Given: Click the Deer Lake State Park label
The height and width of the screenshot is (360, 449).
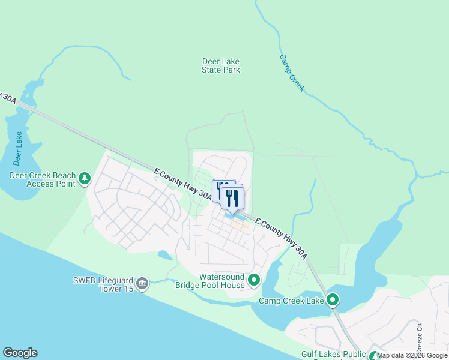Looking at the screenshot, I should pyautogui.click(x=220, y=65).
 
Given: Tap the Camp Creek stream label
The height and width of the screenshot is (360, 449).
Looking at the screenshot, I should pyautogui.click(x=292, y=73).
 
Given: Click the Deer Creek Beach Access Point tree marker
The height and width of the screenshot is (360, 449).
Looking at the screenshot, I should pyautogui.click(x=85, y=178).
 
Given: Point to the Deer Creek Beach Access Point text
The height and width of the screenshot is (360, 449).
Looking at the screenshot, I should pyautogui.click(x=42, y=179).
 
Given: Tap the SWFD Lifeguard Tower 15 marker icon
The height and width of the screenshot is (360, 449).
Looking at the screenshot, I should pyautogui.click(x=142, y=283).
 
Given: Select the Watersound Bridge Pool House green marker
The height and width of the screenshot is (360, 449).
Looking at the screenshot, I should pyautogui.click(x=254, y=280).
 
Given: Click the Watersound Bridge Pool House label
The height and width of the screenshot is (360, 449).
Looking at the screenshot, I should pyautogui.click(x=210, y=281).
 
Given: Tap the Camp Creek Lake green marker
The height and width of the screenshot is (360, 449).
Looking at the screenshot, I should pyautogui.click(x=333, y=300).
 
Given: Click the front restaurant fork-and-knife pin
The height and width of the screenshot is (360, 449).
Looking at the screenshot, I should pyautogui.click(x=232, y=198).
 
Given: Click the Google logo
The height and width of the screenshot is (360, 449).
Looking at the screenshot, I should pyautogui.click(x=20, y=353).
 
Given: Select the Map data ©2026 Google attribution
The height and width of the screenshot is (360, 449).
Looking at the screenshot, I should pyautogui.click(x=412, y=355).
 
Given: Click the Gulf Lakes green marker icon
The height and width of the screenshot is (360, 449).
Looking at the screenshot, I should pyautogui.click(x=374, y=356).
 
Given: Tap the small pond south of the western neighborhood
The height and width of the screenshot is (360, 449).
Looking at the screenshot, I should pyautogui.click(x=164, y=256).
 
